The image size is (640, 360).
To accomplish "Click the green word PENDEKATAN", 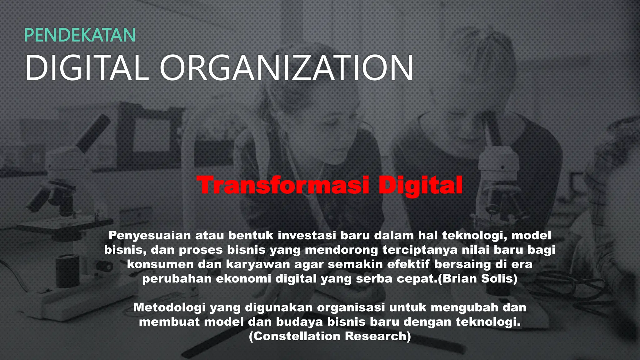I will (80, 35).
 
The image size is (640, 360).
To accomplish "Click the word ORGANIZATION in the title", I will (287, 68).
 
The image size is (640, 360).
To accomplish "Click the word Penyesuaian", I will (150, 235).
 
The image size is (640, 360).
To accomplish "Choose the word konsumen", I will (160, 264).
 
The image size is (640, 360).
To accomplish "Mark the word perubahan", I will (177, 278).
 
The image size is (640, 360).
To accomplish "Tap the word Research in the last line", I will (378, 336).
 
